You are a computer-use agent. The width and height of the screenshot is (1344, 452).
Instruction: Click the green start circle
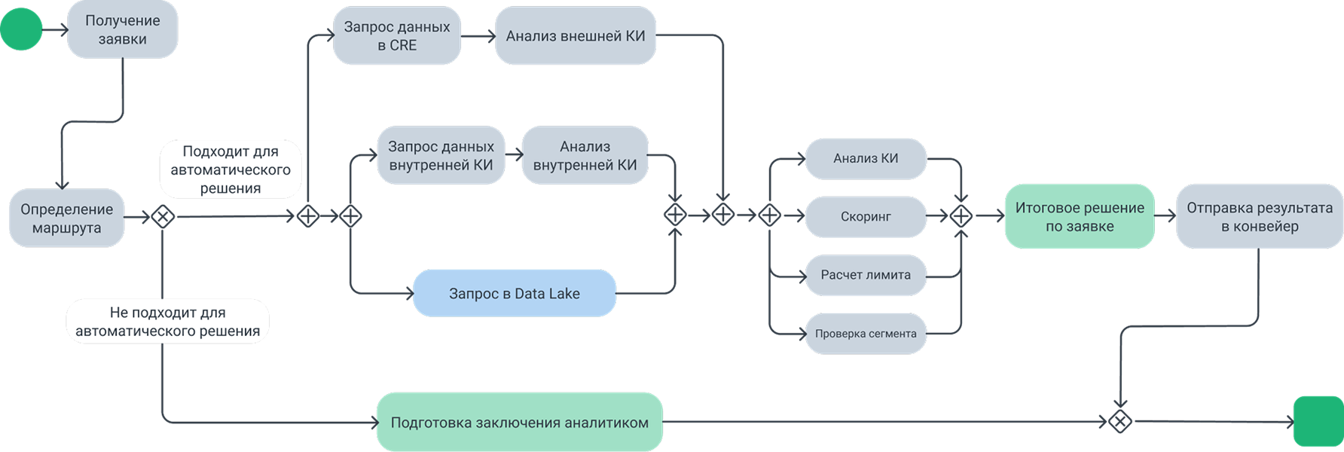coord(21,29)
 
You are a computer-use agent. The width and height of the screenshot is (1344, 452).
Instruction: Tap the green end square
coord(1318,422)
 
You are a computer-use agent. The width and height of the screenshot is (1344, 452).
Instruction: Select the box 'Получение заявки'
coord(122,30)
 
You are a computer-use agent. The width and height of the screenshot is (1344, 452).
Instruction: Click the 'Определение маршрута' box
coord(66,218)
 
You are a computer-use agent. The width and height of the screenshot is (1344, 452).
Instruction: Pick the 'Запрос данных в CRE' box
coord(397,36)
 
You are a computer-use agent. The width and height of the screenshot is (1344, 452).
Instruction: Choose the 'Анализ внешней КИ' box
coord(576,36)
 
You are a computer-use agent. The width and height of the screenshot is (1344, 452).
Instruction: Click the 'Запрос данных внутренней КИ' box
coord(441,156)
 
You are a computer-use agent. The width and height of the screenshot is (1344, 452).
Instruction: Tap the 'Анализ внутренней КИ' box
coord(585,156)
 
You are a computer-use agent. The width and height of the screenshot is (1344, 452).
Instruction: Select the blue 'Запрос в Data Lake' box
coord(514,293)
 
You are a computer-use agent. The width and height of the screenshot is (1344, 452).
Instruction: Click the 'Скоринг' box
coord(866,217)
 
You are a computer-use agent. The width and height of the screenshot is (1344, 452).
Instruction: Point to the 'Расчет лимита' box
coord(866,275)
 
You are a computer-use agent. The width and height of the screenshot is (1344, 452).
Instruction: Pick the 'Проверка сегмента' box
coord(866,334)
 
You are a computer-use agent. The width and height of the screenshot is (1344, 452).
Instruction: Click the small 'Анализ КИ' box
coord(866,158)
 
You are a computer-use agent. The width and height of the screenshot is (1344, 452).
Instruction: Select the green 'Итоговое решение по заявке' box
coord(1079,217)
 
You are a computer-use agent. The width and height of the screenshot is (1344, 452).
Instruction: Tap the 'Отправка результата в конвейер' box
coord(1259,217)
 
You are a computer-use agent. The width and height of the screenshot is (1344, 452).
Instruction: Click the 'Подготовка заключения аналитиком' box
coord(519,423)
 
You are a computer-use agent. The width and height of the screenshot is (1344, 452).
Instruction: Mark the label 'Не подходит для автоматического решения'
coord(167,322)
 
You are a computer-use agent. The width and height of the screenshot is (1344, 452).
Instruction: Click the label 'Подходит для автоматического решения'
coord(231,170)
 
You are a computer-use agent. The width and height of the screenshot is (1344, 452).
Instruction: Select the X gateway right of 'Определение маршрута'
coord(163,217)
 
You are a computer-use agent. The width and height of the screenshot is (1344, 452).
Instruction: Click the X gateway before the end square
coord(1120,422)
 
